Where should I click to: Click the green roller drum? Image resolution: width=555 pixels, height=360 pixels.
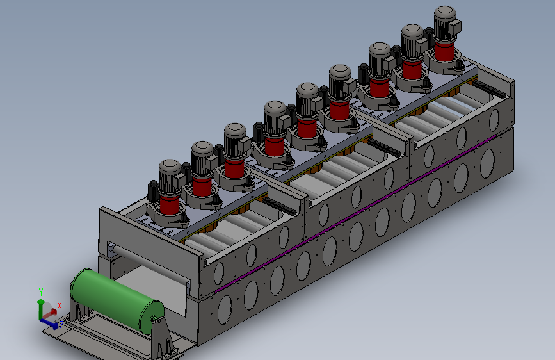point(117,300)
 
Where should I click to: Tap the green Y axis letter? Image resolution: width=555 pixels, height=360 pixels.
point(41,292)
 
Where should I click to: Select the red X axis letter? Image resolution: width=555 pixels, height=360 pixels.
point(60,306)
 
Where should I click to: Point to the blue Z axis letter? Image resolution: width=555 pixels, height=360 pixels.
point(61,325)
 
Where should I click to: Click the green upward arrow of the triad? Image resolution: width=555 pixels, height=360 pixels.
point(41,307)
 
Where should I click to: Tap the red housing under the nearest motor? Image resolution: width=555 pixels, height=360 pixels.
point(169,204)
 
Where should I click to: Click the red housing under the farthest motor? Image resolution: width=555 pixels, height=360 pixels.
point(444,51)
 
